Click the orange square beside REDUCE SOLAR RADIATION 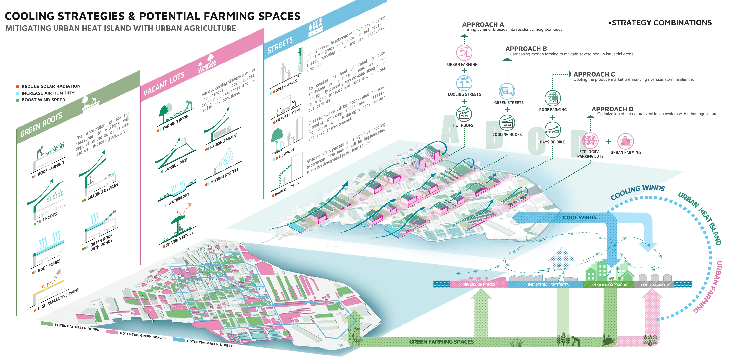pyautogui.click(x=17, y=86)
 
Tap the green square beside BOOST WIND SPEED pyautogui.click(x=17, y=100)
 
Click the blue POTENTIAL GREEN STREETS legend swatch pyautogui.click(x=179, y=340)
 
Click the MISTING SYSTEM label pyautogui.click(x=224, y=176)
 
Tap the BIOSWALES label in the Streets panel pyautogui.click(x=286, y=153)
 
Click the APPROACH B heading pyautogui.click(x=526, y=49)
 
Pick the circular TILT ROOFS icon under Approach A pyautogui.click(x=464, y=114)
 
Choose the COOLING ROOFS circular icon pyautogui.click(x=507, y=123)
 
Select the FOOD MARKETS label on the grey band pyautogui.click(x=655, y=285)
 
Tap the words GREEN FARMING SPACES pyautogui.click(x=441, y=342)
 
